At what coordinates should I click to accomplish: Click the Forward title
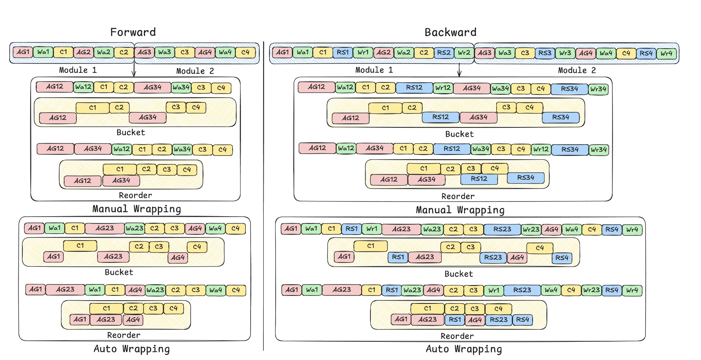point(133,32)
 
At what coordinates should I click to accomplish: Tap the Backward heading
point(450,32)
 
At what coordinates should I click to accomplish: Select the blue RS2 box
point(444,53)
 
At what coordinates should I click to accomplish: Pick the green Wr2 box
point(464,53)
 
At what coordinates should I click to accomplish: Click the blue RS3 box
point(545,53)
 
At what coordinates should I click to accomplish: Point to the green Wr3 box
point(565,53)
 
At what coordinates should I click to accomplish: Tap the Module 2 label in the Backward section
point(577,70)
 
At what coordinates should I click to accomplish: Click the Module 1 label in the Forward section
point(78,70)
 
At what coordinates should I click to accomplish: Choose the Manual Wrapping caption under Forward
point(137,209)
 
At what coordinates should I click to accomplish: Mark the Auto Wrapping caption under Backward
point(464,349)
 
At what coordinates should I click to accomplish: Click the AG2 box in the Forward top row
point(84,52)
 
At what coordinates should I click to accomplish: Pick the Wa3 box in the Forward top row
point(164,52)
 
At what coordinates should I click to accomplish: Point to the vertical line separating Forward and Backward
point(263,199)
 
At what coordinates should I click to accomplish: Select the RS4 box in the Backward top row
point(646,53)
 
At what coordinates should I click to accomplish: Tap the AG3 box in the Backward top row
point(484,53)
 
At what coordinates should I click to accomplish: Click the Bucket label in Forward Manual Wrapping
point(131,133)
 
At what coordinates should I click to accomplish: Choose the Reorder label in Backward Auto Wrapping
point(457,336)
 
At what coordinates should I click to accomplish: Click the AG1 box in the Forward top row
point(23,52)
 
